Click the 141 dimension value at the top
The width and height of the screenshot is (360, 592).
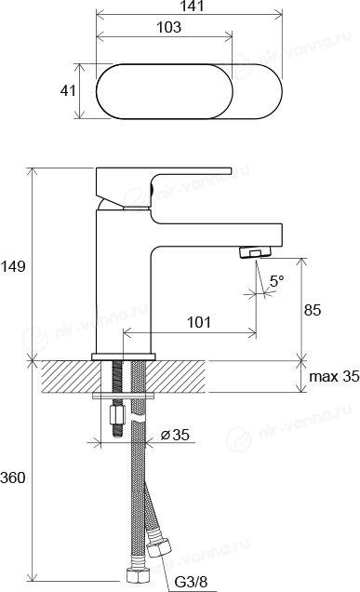coord(193,6)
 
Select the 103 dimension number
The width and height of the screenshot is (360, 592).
coord(168,27)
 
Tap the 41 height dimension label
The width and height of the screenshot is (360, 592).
coord(68,90)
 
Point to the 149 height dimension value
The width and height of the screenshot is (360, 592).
coord(13,266)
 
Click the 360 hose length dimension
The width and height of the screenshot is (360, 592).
coord(13,478)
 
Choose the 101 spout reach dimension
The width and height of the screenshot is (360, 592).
coord(199,322)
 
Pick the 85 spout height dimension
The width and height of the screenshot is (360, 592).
coord(312,310)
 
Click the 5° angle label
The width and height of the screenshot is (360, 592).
coord(276,281)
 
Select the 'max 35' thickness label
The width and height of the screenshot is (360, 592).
coord(334,376)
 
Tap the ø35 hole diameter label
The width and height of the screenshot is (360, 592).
coord(175,435)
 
